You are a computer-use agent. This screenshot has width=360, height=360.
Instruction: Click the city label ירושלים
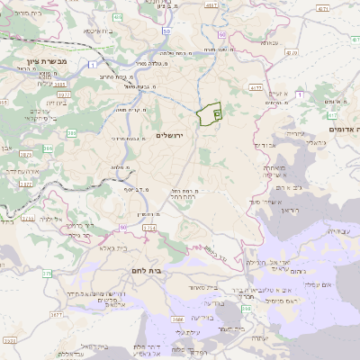tap(168, 135)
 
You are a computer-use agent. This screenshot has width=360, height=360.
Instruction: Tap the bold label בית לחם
tap(157, 268)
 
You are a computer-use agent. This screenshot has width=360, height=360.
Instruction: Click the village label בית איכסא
tap(96, 31)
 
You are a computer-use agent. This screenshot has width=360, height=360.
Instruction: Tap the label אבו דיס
tap(264, 145)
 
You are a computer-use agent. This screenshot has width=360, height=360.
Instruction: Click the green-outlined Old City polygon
tap(210, 114)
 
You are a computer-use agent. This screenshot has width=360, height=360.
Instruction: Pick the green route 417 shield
tap(334, 115)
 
